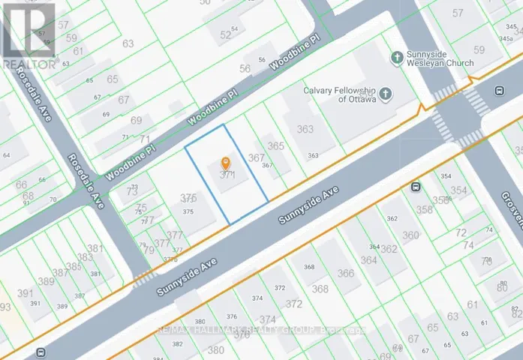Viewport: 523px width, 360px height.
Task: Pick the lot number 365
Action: coord(275,146)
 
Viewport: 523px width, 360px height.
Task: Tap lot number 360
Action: coord(410,235)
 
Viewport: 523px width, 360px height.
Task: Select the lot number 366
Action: coord(345,273)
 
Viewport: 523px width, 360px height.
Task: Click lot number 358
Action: coord(425,209)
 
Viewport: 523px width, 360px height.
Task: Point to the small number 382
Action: coord(178,343)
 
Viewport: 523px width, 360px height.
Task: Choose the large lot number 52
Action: coord(226,34)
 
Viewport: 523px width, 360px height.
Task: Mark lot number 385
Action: coord(73,266)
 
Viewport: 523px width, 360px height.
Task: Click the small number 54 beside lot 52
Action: coord(235,28)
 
